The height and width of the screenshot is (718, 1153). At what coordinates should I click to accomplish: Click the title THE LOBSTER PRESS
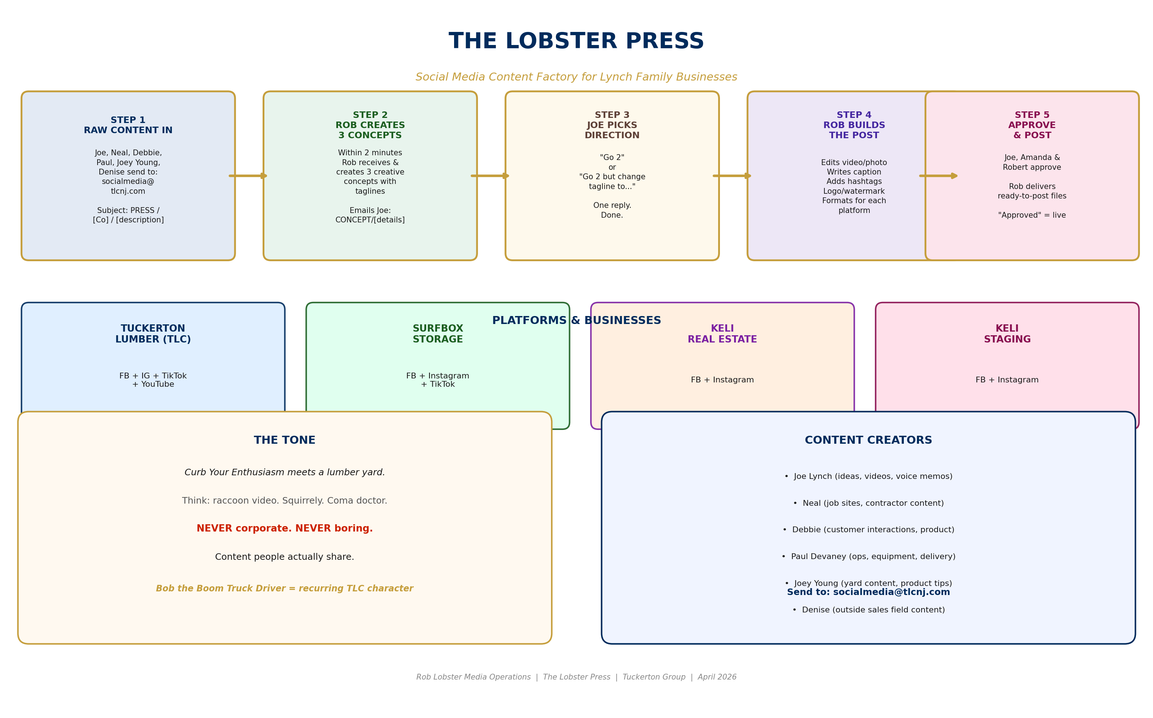(x=576, y=41)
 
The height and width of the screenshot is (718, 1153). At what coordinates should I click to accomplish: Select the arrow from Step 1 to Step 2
(x=248, y=176)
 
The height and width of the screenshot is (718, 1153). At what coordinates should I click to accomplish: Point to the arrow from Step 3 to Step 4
(x=732, y=176)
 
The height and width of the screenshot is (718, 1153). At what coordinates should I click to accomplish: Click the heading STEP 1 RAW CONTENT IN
(x=128, y=126)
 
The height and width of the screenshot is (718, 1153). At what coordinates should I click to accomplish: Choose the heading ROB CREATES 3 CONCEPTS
(x=370, y=126)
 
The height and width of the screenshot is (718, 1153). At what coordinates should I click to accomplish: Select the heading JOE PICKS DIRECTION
(x=612, y=126)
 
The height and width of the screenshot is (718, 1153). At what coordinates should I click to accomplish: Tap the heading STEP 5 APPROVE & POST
(x=1031, y=126)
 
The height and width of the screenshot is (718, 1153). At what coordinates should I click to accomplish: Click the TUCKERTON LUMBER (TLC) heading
(x=153, y=334)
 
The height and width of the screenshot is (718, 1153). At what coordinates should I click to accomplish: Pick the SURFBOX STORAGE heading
(x=438, y=334)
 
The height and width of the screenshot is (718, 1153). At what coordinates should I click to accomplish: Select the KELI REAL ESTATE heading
(x=722, y=334)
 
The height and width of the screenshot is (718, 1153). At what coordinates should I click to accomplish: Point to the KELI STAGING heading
(x=1007, y=334)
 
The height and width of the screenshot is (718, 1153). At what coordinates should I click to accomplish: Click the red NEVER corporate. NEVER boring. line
(x=284, y=529)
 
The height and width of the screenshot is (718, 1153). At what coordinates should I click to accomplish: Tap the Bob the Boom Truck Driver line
(x=284, y=588)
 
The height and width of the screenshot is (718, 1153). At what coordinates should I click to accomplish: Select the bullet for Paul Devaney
(x=868, y=557)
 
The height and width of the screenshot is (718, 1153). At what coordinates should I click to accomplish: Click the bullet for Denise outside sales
(x=868, y=610)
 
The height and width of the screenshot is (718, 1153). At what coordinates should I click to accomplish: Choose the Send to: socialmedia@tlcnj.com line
(x=868, y=592)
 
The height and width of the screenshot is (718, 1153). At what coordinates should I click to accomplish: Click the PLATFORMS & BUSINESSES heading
(x=576, y=320)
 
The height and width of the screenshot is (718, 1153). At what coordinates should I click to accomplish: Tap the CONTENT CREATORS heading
(x=868, y=440)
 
